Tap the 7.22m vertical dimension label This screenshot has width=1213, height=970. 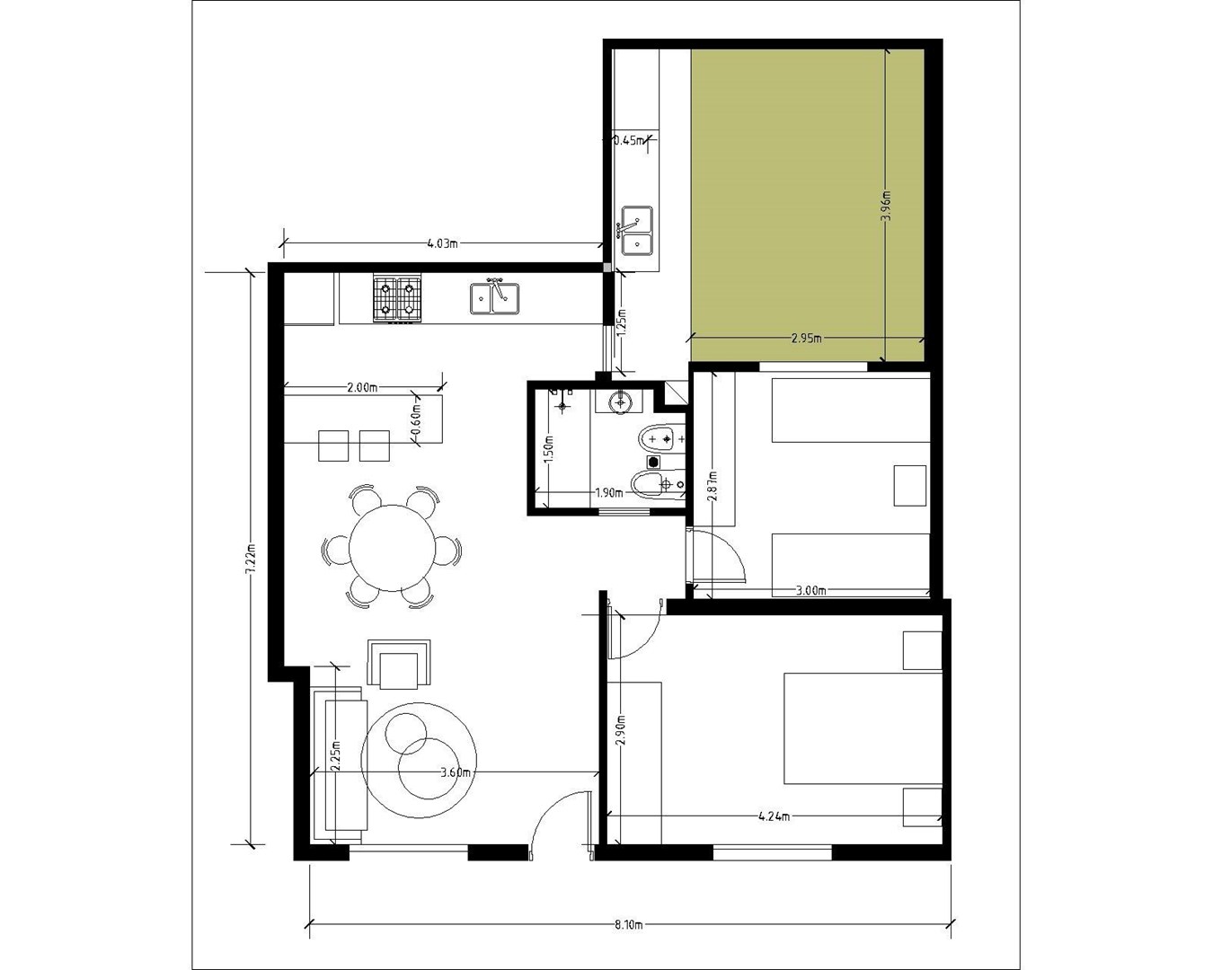pos(251,559)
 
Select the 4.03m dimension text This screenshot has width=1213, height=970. pos(442,243)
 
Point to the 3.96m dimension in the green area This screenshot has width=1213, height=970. pos(886,207)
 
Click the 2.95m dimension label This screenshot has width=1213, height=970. pos(807,339)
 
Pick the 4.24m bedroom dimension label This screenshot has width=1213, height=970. pos(775,816)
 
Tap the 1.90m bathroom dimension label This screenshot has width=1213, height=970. pos(609,492)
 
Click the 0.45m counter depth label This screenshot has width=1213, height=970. pos(629,140)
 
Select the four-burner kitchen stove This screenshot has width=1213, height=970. pos(397,299)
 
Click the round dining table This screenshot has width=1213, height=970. pos(392,548)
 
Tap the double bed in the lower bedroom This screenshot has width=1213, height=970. pos(863,727)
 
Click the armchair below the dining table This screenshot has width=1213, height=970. pos(399,664)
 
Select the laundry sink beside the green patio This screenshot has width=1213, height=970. pos(638,231)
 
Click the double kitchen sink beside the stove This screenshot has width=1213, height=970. pos(495,298)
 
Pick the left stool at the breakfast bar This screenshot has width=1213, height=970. pos(333,445)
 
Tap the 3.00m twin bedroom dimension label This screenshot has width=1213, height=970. pos(810,591)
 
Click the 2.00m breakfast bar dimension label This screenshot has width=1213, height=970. pos(362,387)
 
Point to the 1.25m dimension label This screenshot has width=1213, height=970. pos(622,323)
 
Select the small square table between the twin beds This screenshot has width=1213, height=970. pos(909,485)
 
